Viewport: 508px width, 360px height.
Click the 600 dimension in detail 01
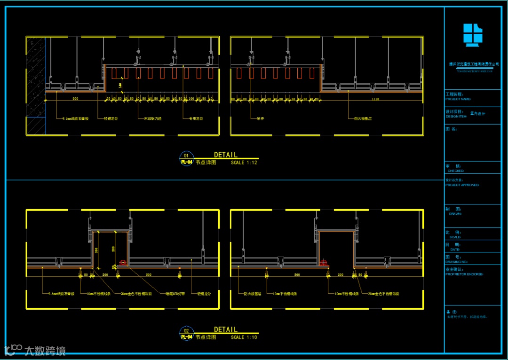tap(75, 99)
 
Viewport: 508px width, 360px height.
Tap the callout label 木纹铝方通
tap(152, 118)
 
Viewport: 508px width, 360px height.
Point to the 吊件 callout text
tap(259, 118)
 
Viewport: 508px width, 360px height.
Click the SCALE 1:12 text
tap(244, 163)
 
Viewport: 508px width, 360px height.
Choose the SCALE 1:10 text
tap(244, 337)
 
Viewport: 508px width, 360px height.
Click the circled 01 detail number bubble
tap(186, 155)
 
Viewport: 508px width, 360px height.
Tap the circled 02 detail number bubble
tap(186, 330)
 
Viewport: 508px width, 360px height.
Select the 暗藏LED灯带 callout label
tap(175, 294)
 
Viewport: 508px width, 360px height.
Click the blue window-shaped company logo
tap(473, 35)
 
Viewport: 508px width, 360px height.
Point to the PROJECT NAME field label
tap(458, 99)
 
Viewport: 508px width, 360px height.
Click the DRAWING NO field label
tap(457, 262)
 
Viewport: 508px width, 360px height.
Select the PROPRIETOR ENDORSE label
tap(464, 274)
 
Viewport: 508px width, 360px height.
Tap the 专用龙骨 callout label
tap(196, 118)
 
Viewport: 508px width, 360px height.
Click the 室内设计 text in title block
tap(477, 113)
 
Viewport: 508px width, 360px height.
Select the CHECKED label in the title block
tap(456, 171)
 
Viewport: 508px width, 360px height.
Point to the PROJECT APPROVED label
tap(462, 185)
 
